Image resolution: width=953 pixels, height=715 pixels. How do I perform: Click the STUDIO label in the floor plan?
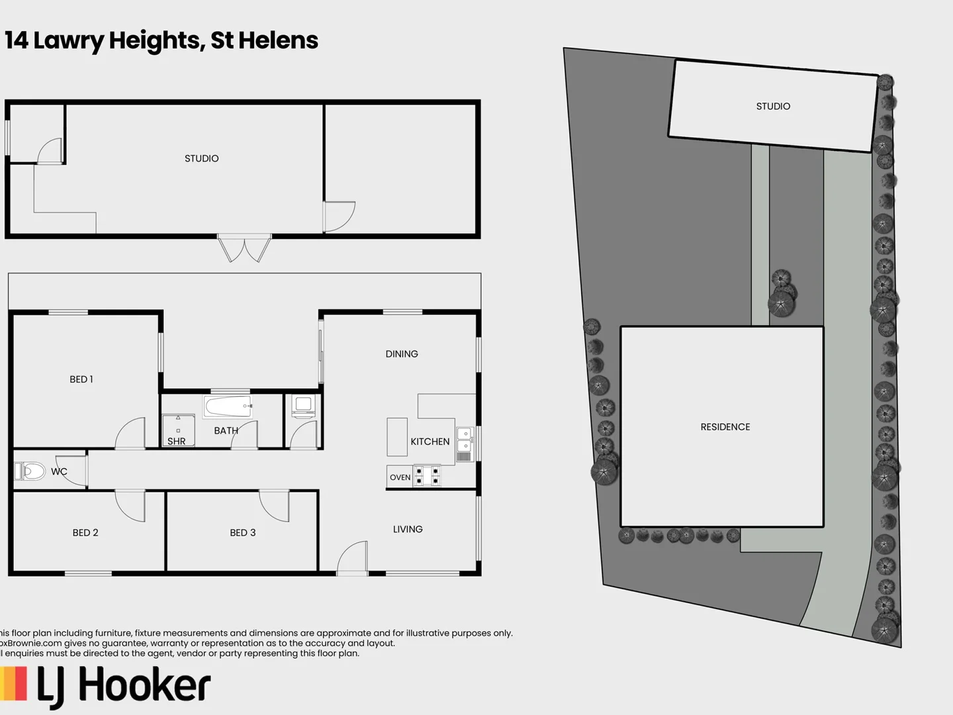201,158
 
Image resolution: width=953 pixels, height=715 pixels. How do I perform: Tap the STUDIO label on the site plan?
773,106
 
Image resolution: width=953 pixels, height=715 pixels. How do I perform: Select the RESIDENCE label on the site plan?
725,427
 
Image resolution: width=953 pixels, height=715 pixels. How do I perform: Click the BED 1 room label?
81,379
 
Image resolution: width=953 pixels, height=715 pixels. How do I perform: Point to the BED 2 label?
85,532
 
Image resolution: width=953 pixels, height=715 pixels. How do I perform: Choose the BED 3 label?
243,532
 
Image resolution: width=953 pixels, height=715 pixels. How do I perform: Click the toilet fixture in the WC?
30,471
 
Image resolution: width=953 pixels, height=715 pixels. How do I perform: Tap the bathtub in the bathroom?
228,406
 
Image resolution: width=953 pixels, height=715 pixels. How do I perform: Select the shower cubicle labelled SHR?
178,430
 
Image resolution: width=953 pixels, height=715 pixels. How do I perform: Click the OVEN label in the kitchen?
400,477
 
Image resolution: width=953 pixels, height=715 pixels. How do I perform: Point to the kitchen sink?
465,440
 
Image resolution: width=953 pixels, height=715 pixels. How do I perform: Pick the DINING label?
402,354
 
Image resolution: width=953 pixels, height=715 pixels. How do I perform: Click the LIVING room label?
408,529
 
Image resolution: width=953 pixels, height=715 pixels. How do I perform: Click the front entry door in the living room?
353,557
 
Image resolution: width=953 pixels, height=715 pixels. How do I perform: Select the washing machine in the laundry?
304,406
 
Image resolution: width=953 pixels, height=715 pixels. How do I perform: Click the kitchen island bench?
397,437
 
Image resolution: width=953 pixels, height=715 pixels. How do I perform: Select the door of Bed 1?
130,434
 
